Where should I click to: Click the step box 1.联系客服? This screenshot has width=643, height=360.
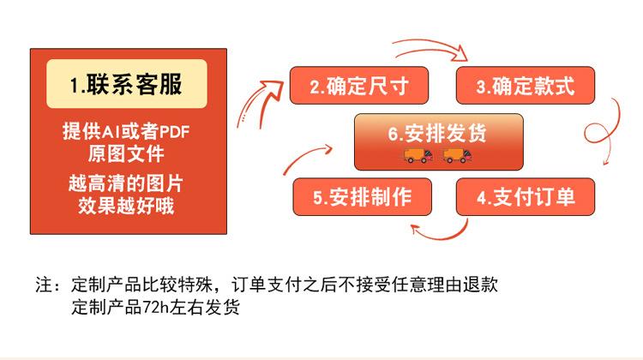(127, 84)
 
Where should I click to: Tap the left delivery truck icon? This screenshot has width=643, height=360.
(417, 156)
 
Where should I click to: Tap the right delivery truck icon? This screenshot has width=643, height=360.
(457, 156)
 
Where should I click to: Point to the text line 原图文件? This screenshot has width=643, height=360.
(126, 154)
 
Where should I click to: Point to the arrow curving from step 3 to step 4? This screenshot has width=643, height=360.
(612, 129)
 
